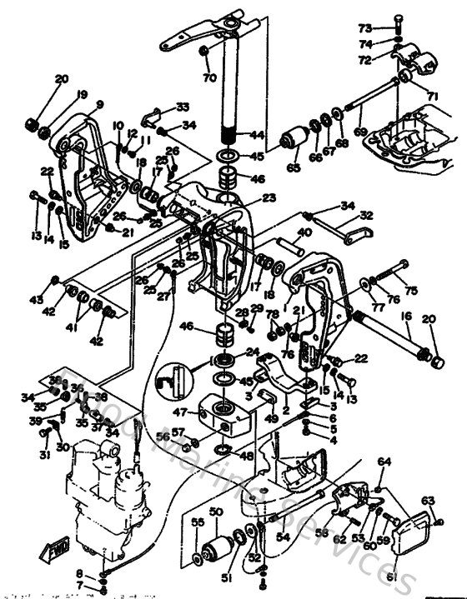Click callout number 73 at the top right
pyautogui.click(x=389, y=27)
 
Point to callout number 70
pyautogui.click(x=209, y=78)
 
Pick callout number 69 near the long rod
pyautogui.click(x=359, y=132)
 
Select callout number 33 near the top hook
pyautogui.click(x=183, y=107)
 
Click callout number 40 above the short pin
pyautogui.click(x=304, y=233)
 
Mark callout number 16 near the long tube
pyautogui.click(x=406, y=317)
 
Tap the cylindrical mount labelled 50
pyautogui.click(x=218, y=551)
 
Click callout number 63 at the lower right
pyautogui.click(x=428, y=501)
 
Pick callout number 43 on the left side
pyautogui.click(x=36, y=299)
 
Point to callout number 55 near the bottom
pyautogui.click(x=198, y=522)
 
